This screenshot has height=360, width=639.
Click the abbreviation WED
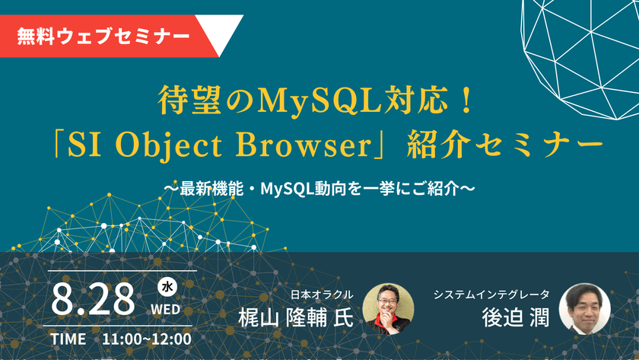167,309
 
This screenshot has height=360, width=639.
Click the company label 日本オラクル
322,294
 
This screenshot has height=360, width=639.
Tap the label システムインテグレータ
490,294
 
